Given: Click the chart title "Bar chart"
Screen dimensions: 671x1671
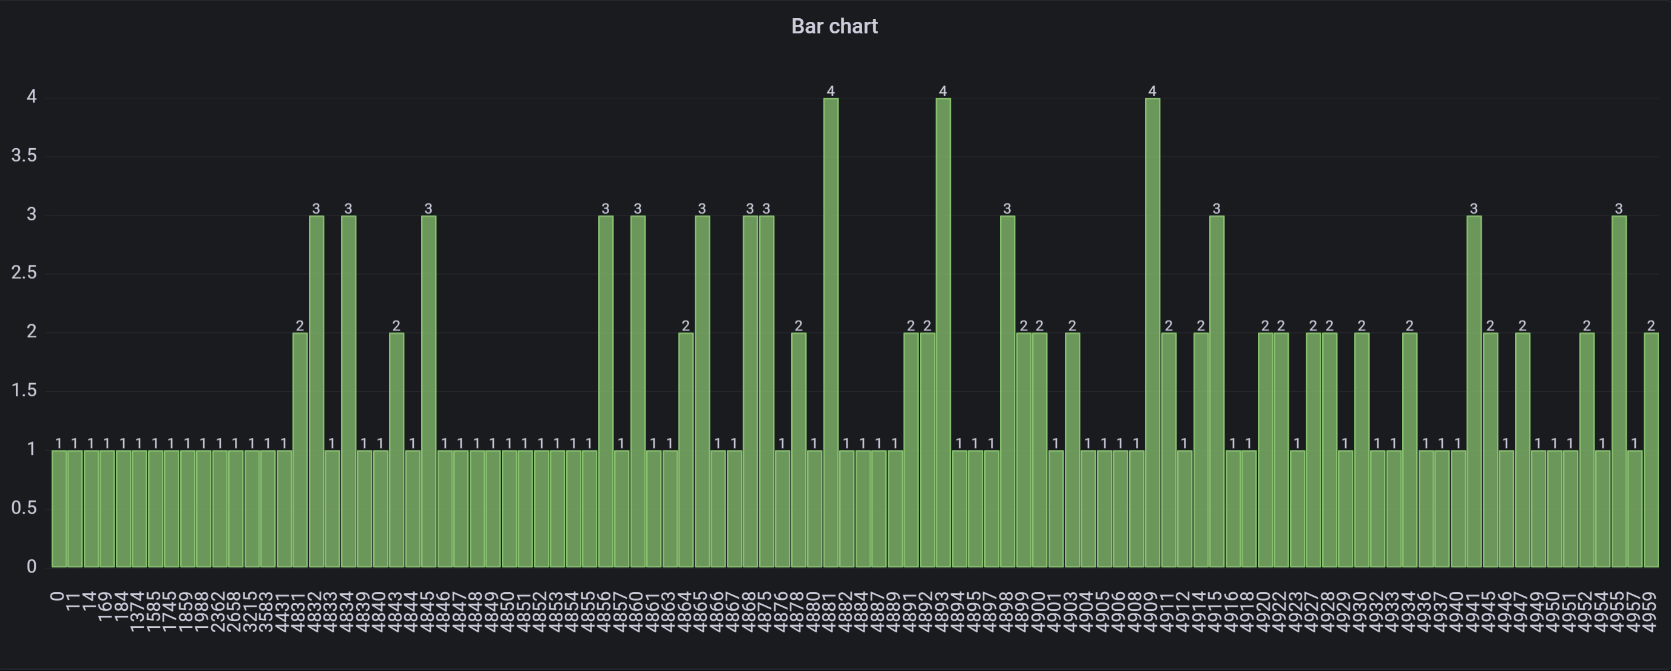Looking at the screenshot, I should [x=834, y=26].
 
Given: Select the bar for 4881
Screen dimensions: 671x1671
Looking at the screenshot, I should [x=830, y=332].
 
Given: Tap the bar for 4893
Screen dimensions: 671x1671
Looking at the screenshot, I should [x=942, y=332].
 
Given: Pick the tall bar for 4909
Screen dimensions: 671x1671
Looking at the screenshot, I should [x=1152, y=332].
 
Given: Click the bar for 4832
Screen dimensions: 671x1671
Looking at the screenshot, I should [x=316, y=390].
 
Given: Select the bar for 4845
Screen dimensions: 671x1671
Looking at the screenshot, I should [x=428, y=390].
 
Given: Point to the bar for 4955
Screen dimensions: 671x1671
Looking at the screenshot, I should [x=1618, y=390].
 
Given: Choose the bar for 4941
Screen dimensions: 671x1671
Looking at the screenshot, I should [x=1474, y=390].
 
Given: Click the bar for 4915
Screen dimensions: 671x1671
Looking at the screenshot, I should [x=1217, y=390].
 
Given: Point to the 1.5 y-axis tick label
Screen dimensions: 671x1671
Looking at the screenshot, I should [x=23, y=390].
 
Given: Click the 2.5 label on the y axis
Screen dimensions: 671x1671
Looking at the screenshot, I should [x=23, y=273].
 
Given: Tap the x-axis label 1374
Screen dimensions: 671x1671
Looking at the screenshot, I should [x=138, y=611].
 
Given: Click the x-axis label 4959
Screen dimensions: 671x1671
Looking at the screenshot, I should [x=1651, y=611].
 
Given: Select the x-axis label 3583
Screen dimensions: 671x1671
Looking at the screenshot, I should [x=267, y=611].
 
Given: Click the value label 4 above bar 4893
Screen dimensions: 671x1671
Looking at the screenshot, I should [x=942, y=91].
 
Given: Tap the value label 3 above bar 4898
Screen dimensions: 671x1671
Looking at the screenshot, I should [x=1007, y=208].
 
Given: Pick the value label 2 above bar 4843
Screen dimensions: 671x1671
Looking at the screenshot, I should [x=396, y=325].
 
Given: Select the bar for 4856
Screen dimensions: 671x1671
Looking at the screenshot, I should [x=605, y=390].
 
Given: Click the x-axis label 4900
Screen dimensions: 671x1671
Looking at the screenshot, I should [x=1039, y=611].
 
